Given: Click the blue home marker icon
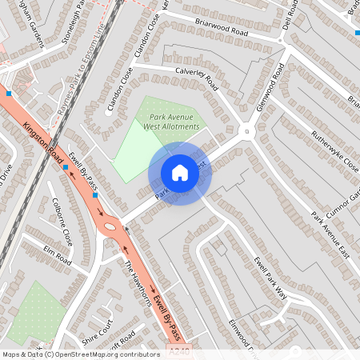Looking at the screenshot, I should click(x=180, y=172).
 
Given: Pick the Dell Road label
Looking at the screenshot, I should click(x=291, y=17).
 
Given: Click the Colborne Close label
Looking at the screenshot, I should click(x=62, y=222).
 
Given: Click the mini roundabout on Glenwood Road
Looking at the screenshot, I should click(x=247, y=131).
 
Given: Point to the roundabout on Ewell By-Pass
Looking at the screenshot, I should click(x=110, y=226).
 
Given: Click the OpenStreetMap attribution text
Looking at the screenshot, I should click(x=81, y=354).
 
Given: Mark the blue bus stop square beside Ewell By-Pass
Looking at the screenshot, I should click(x=94, y=194).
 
